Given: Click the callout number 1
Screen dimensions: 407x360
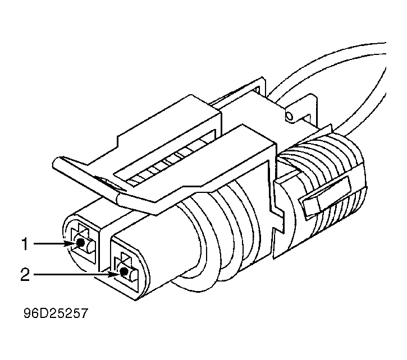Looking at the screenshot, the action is (25, 244).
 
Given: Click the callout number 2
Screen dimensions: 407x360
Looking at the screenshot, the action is (25, 275).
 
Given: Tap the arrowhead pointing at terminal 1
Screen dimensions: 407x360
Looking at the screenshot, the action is (71, 243).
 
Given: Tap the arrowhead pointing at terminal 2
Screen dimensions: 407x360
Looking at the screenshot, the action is (115, 274).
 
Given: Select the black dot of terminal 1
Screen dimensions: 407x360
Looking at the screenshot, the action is (81, 243).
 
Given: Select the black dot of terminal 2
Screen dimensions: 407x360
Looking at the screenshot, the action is (124, 272).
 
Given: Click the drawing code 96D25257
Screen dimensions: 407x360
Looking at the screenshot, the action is (56, 313).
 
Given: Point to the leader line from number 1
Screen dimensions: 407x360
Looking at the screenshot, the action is (49, 244).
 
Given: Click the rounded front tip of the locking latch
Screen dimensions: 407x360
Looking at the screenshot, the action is (57, 163).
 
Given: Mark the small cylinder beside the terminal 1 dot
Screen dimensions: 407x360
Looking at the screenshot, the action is (90, 246).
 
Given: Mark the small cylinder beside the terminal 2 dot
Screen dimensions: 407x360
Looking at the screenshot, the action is (132, 275).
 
